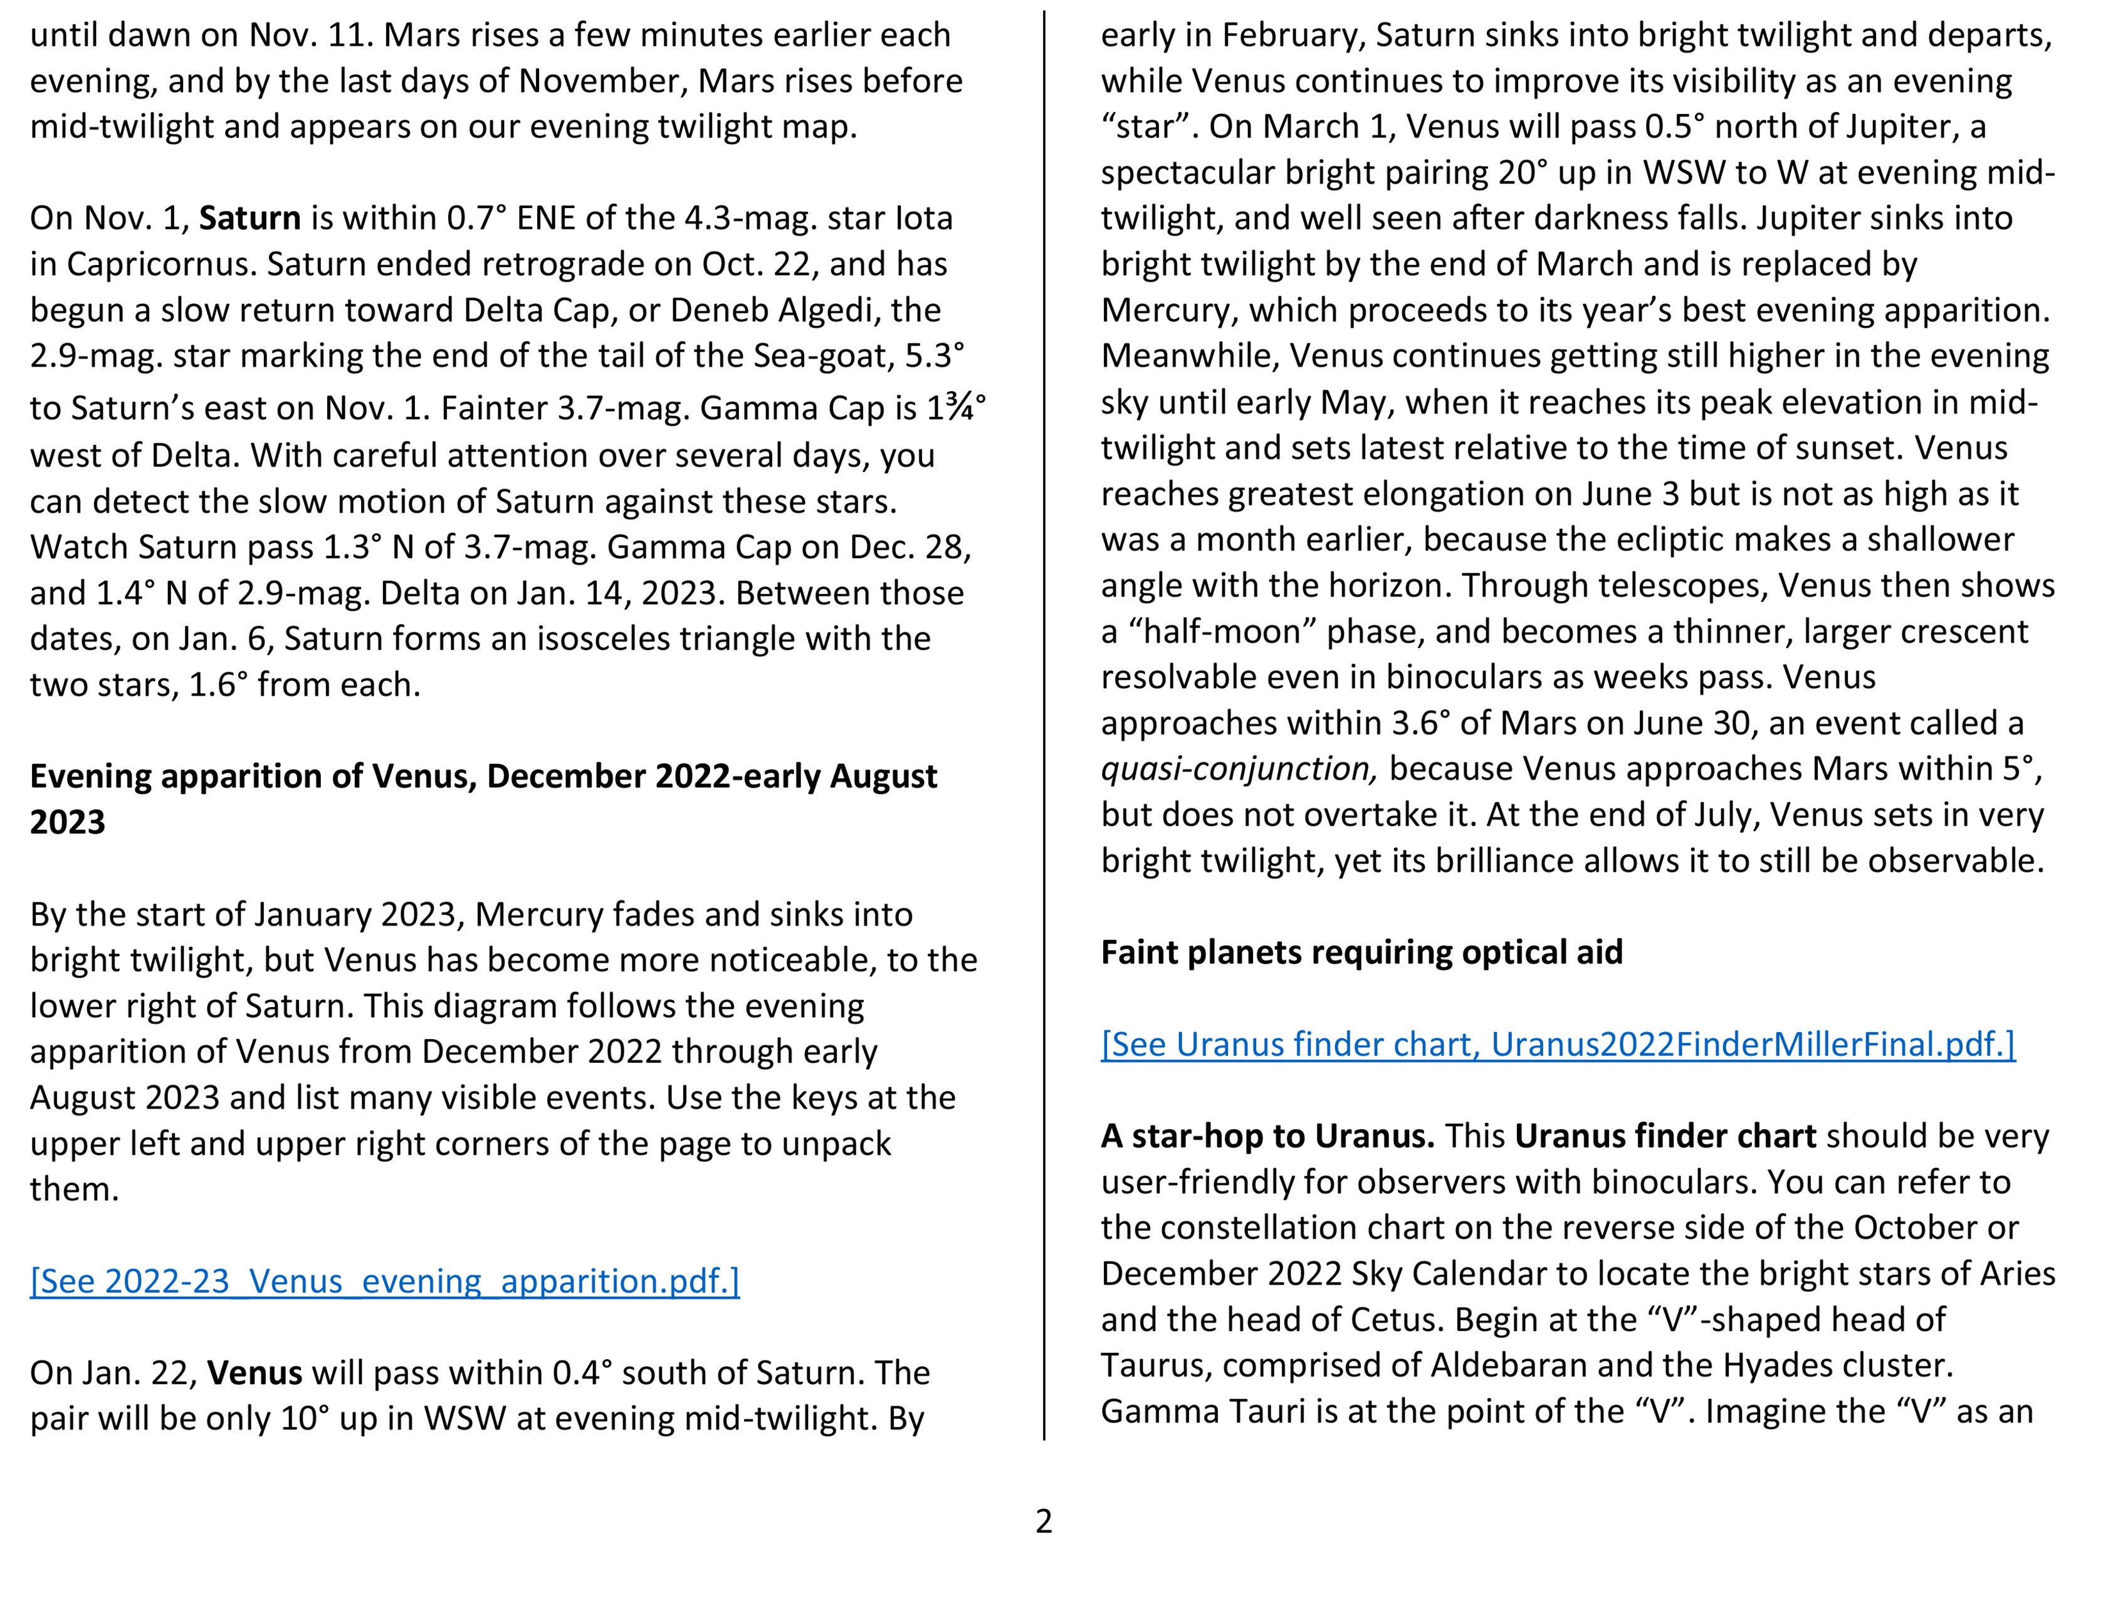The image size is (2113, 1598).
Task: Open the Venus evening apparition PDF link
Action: click(x=384, y=1281)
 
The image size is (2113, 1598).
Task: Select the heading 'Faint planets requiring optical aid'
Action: click(x=1361, y=953)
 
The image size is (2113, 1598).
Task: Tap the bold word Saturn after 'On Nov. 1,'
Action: click(x=249, y=219)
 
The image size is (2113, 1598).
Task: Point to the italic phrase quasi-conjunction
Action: click(x=1238, y=769)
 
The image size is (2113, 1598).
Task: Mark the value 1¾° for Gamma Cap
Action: click(x=956, y=408)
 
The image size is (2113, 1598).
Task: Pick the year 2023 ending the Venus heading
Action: click(x=67, y=822)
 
